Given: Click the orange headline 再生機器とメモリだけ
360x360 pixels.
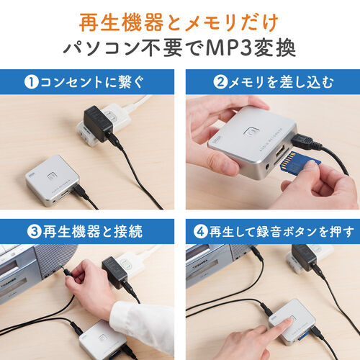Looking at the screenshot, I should (x=179, y=19).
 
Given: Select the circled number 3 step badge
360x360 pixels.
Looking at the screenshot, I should (x=32, y=231).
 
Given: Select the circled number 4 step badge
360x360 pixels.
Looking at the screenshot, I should (x=200, y=231).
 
